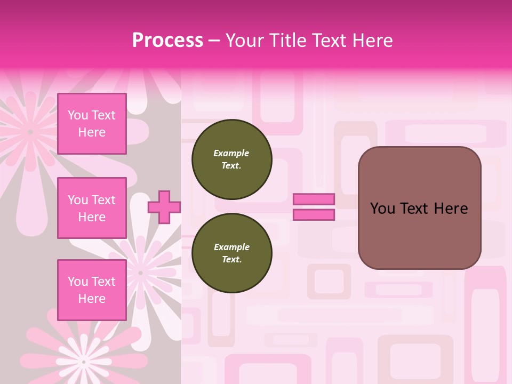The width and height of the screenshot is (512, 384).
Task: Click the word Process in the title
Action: pyautogui.click(x=167, y=41)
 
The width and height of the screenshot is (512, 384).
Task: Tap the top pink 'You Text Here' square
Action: pyautogui.click(x=92, y=124)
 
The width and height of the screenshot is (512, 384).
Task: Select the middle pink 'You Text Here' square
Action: pyautogui.click(x=92, y=208)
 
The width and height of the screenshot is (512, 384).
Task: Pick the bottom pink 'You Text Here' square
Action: pyautogui.click(x=92, y=290)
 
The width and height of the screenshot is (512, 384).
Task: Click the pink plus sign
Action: pyautogui.click(x=164, y=207)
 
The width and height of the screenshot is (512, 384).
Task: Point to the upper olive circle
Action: pyautogui.click(x=231, y=159)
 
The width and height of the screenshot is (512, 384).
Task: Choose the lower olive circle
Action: pyautogui.click(x=231, y=253)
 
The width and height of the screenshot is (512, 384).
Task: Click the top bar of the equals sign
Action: pyautogui.click(x=314, y=199)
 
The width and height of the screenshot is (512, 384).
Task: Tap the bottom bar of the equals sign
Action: pyautogui.click(x=314, y=214)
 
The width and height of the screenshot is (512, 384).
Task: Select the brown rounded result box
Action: pyautogui.click(x=419, y=207)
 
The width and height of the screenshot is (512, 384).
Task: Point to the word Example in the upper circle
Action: pyautogui.click(x=231, y=153)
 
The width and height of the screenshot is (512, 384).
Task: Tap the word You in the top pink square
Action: pyautogui.click(x=78, y=115)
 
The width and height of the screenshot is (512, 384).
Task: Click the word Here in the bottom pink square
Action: pyautogui.click(x=92, y=299)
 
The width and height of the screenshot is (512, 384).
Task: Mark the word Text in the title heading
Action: pyautogui.click(x=330, y=41)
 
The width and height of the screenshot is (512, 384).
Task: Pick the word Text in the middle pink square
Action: pyautogui.click(x=103, y=200)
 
